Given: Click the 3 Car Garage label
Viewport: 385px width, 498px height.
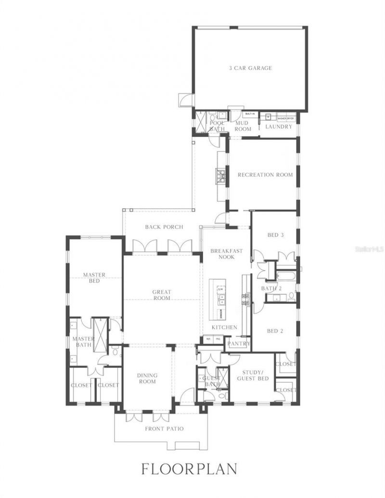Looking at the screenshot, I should pos(250,68).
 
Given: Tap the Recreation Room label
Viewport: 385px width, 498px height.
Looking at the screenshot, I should pos(265,175).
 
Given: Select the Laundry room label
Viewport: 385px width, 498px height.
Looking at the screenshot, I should pos(279,127).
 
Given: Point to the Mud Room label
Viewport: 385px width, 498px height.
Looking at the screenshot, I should pos(243,126).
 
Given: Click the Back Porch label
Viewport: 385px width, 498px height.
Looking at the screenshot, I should pos(164,227).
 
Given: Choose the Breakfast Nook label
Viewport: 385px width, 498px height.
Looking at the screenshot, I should pos(226,254).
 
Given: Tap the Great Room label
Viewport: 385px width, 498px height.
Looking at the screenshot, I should pos(162,295).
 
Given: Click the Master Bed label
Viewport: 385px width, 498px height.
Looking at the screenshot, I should pos(94,278).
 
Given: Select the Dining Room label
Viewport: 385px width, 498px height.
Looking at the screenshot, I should pos(147,378).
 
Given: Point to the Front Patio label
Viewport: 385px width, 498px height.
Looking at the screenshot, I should pos(164,429).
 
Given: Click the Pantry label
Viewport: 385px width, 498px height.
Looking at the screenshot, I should pos(239,344).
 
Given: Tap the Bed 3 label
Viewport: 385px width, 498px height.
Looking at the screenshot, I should pos(275,235).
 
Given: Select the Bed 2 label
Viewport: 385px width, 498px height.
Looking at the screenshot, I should pos(275,331).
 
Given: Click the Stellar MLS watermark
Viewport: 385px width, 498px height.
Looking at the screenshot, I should pos(369,249).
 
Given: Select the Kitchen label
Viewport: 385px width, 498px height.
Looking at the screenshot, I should pos(224,327).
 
